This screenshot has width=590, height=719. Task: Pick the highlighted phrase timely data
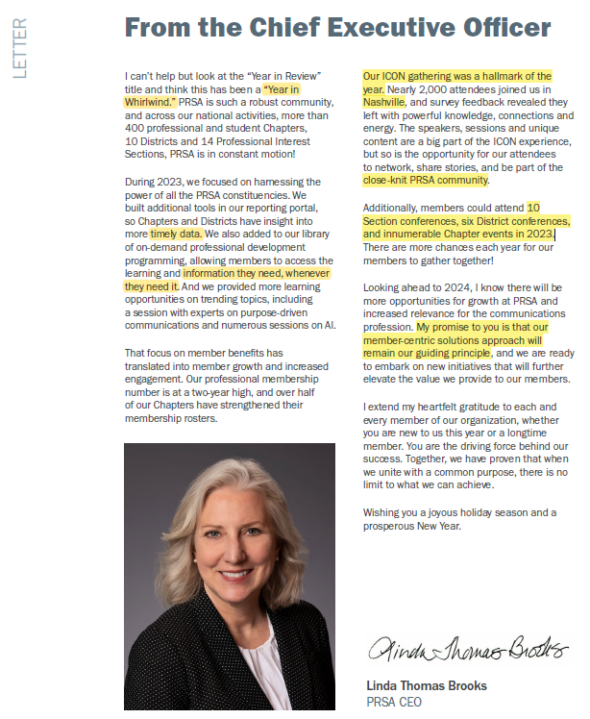[174, 233]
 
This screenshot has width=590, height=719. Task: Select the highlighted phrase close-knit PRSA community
[426, 180]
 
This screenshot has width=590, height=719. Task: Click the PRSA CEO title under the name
[394, 702]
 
